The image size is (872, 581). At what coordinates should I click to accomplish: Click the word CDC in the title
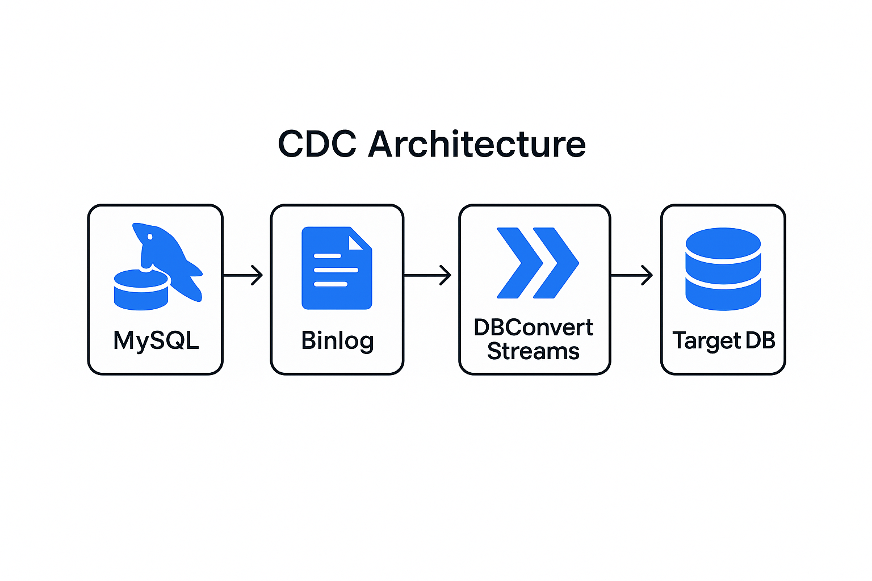317,144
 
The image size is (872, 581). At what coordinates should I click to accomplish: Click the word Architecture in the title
477,144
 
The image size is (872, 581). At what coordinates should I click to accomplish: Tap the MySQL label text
156,340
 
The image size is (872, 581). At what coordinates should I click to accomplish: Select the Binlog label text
337,340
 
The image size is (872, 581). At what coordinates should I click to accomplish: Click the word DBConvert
534,328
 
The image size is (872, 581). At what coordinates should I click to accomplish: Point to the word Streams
534,352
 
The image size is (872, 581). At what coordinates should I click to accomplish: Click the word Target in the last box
707,340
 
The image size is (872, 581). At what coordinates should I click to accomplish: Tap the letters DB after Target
761,340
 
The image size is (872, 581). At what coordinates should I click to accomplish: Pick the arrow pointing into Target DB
631,275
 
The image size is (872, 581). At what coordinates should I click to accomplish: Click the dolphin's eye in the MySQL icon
150,236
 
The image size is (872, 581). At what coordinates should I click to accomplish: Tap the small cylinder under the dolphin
141,290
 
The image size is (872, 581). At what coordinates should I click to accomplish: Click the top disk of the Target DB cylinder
723,242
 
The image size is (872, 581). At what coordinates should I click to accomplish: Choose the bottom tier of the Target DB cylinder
723,296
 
